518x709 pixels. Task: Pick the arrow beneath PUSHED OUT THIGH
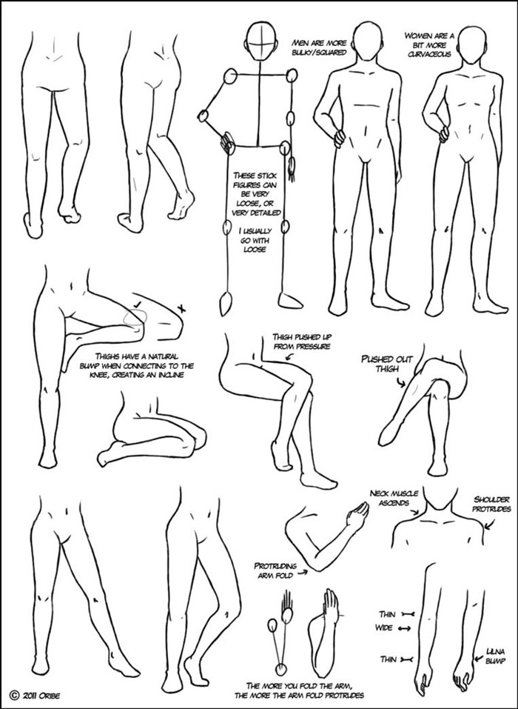click(x=400, y=381)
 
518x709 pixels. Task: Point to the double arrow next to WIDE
click(x=405, y=629)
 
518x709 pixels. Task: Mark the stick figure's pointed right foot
click(x=226, y=302)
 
